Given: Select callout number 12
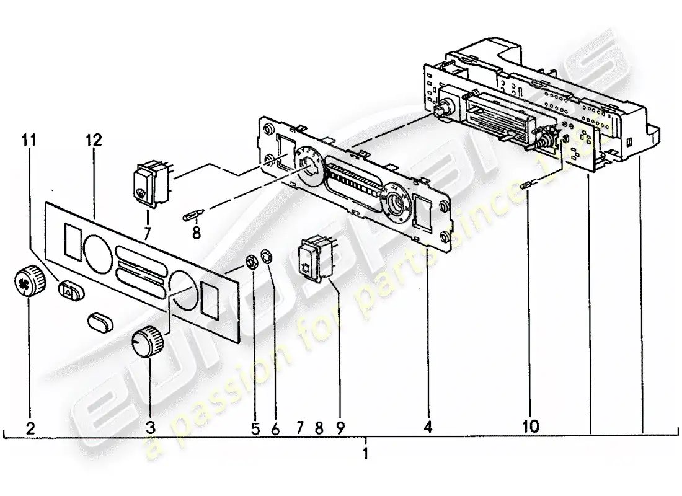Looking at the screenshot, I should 94,140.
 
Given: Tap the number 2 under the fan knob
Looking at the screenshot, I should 30,427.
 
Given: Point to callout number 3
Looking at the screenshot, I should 149,427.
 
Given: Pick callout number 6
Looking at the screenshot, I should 276,427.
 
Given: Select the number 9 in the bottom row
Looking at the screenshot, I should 340,427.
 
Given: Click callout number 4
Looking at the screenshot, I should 428,427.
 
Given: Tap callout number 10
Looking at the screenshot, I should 531,426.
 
